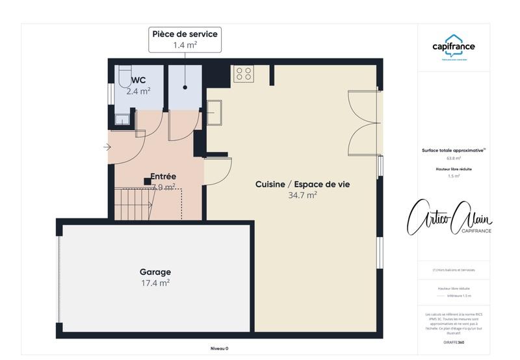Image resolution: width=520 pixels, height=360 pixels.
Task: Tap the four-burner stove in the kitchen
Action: click(x=244, y=73)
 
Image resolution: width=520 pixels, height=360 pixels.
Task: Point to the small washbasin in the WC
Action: click(x=122, y=118)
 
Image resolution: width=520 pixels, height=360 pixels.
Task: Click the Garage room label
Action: click(x=155, y=272)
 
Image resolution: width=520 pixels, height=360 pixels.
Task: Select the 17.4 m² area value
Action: click(x=155, y=283)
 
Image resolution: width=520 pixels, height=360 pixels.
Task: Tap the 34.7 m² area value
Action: click(x=302, y=195)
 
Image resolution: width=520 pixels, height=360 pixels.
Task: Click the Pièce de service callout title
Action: click(x=185, y=34)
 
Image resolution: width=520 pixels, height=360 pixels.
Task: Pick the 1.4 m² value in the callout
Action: click(x=185, y=45)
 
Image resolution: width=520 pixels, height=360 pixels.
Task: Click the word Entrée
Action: click(x=163, y=176)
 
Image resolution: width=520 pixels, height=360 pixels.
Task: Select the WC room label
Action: click(x=138, y=81)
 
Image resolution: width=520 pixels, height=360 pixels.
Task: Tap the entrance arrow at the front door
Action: click(x=107, y=147)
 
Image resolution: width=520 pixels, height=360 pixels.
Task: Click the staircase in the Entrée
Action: click(x=134, y=203)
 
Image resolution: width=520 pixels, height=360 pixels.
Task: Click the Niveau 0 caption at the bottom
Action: click(x=219, y=348)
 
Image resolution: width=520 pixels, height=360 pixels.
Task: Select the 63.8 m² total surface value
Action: click(x=453, y=158)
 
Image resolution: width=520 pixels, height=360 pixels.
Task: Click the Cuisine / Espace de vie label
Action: click(x=302, y=185)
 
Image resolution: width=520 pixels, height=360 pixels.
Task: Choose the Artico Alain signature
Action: click(x=449, y=218)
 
